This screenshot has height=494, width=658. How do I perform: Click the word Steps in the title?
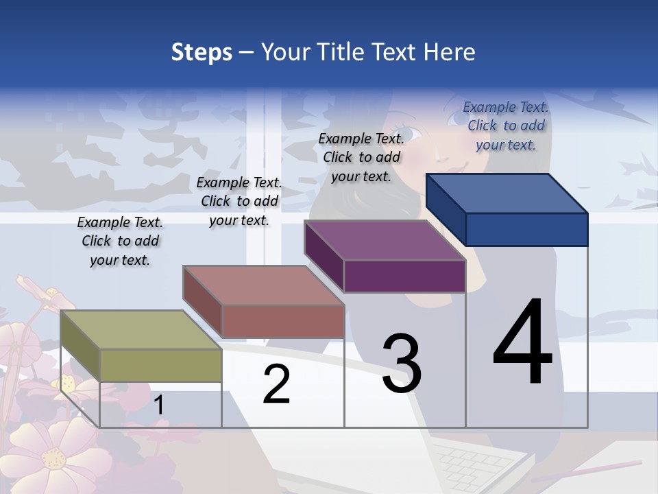(x=202, y=52)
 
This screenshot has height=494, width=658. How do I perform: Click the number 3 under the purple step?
(x=402, y=364)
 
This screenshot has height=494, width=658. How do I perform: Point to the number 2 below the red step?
(x=276, y=384)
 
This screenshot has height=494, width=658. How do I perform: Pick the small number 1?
(x=159, y=405)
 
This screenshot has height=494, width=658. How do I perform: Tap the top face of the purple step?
(x=384, y=240)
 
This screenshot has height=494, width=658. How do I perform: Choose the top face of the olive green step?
(x=141, y=330)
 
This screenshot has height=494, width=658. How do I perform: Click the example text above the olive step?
(x=120, y=241)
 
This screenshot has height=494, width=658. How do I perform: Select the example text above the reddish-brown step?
(x=239, y=201)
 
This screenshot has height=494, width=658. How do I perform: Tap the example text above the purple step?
(x=361, y=157)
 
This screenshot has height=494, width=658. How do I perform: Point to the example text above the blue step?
(x=506, y=126)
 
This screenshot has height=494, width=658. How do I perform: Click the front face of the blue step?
(x=526, y=229)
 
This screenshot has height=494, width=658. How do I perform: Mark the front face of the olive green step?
(x=160, y=365)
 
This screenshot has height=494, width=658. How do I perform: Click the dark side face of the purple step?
(x=324, y=256)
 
